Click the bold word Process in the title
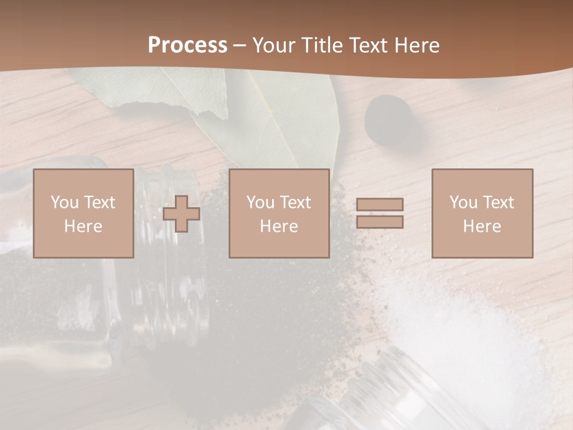[187, 45]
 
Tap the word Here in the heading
[415, 45]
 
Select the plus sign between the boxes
[181, 214]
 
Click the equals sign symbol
[380, 213]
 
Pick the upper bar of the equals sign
[380, 205]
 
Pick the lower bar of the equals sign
[380, 222]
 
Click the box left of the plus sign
[84, 213]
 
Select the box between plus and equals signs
[279, 213]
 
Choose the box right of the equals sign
[482, 213]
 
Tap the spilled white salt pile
[472, 322]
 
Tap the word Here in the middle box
[279, 226]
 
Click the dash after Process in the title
[240, 45]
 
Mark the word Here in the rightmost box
[482, 226]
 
